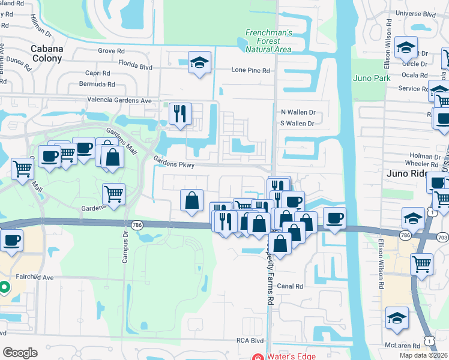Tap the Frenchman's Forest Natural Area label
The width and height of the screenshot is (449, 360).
(x=269, y=41)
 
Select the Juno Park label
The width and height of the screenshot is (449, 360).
(x=372, y=78)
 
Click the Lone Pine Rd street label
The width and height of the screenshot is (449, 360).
(x=251, y=70)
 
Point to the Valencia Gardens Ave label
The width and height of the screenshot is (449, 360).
(x=119, y=100)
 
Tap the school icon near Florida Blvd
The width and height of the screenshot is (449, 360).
(x=199, y=62)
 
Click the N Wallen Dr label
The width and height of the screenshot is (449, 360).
(x=298, y=112)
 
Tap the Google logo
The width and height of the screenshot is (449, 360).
(x=20, y=353)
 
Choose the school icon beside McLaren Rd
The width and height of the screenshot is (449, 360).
(x=397, y=317)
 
